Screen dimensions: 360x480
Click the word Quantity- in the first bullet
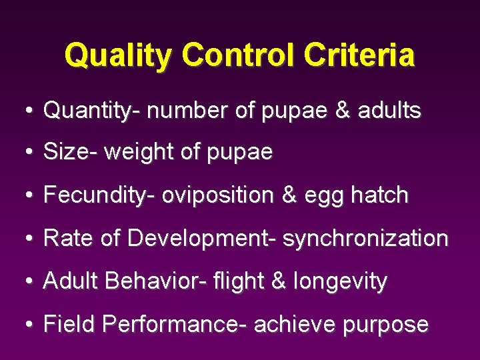click(92, 111)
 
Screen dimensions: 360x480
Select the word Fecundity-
click(99, 195)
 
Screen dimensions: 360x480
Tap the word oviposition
click(217, 195)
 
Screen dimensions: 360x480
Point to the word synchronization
click(365, 239)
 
